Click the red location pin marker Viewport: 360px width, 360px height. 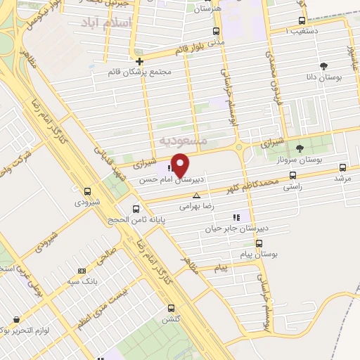click(x=181, y=165)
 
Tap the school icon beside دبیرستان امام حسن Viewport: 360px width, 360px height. click(x=170, y=167)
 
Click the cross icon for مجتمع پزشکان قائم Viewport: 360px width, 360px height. click(x=140, y=61)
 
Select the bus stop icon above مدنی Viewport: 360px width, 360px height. click(x=216, y=31)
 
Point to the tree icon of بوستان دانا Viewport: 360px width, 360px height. click(x=323, y=66)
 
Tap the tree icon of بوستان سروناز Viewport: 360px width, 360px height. click(x=300, y=148)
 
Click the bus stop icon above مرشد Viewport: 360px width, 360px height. click(x=342, y=167)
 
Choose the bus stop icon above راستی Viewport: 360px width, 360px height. click(x=292, y=176)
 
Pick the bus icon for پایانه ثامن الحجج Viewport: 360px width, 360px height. click(x=137, y=208)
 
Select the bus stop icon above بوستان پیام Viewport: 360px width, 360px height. click(x=259, y=243)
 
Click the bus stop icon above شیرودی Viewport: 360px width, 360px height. click(x=88, y=191)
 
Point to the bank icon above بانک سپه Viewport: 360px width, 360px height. click(x=82, y=271)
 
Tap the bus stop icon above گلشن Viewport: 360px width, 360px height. click(x=171, y=307)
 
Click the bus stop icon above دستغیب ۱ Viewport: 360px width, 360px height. click(x=302, y=20)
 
